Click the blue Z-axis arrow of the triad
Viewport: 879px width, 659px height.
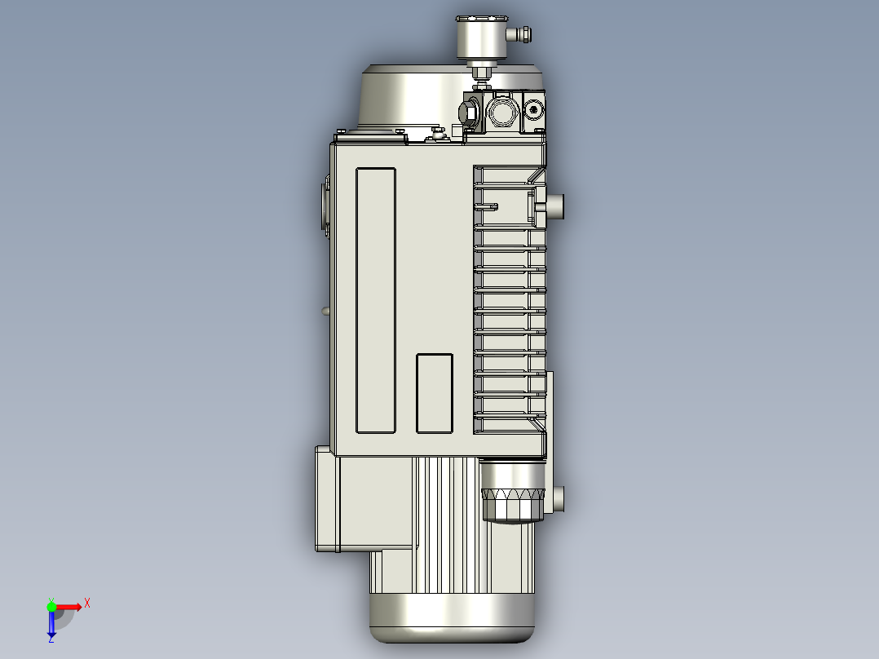pyautogui.click(x=51, y=625)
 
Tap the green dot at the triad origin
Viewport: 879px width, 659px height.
pyautogui.click(x=51, y=606)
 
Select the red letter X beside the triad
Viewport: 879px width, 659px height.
pyautogui.click(x=87, y=604)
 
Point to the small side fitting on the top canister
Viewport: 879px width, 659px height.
pyautogui.click(x=522, y=34)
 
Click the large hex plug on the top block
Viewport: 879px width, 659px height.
pyautogui.click(x=470, y=113)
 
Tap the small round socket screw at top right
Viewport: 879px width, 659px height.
pyautogui.click(x=534, y=108)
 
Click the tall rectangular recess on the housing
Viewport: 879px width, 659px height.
pyautogui.click(x=376, y=300)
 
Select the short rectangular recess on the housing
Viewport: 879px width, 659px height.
pyautogui.click(x=435, y=393)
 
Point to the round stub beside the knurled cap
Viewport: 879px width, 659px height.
pyautogui.click(x=558, y=498)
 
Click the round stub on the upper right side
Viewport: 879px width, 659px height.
pyautogui.click(x=556, y=206)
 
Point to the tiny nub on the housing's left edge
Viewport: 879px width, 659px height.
pyautogui.click(x=326, y=310)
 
